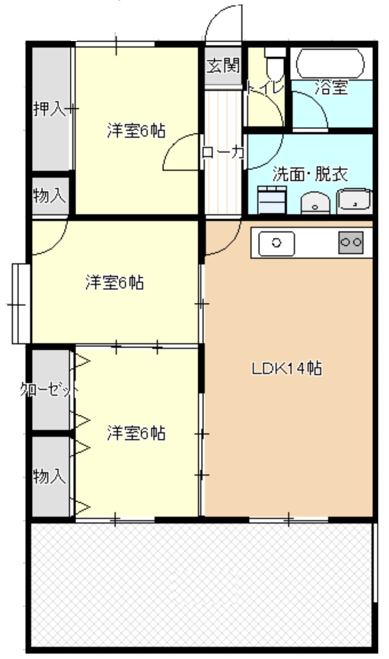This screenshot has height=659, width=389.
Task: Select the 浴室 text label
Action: point(332,88)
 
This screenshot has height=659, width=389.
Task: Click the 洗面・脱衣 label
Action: point(309,174)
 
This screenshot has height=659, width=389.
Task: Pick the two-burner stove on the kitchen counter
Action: point(351,242)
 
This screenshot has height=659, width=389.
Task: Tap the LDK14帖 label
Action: point(286,369)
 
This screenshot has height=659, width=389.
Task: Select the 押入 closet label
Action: point(48,109)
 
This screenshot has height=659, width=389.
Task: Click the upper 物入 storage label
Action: point(49,195)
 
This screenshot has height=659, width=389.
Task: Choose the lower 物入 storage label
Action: point(49,476)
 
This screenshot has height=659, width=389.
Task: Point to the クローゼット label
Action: point(49,391)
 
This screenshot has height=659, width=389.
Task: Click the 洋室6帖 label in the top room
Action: point(136,130)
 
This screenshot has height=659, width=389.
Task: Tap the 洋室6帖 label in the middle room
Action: point(114,282)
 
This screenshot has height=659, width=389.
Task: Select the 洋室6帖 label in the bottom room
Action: point(136,433)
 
